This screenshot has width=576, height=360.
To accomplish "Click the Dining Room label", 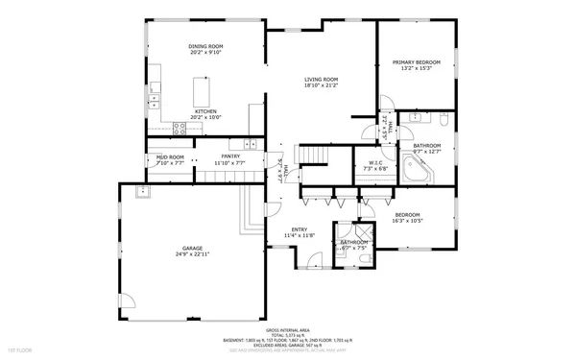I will click(x=205, y=46).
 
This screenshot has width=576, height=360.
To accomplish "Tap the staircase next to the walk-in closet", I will click(x=314, y=156).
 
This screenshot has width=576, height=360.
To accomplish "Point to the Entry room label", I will click(x=299, y=229).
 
